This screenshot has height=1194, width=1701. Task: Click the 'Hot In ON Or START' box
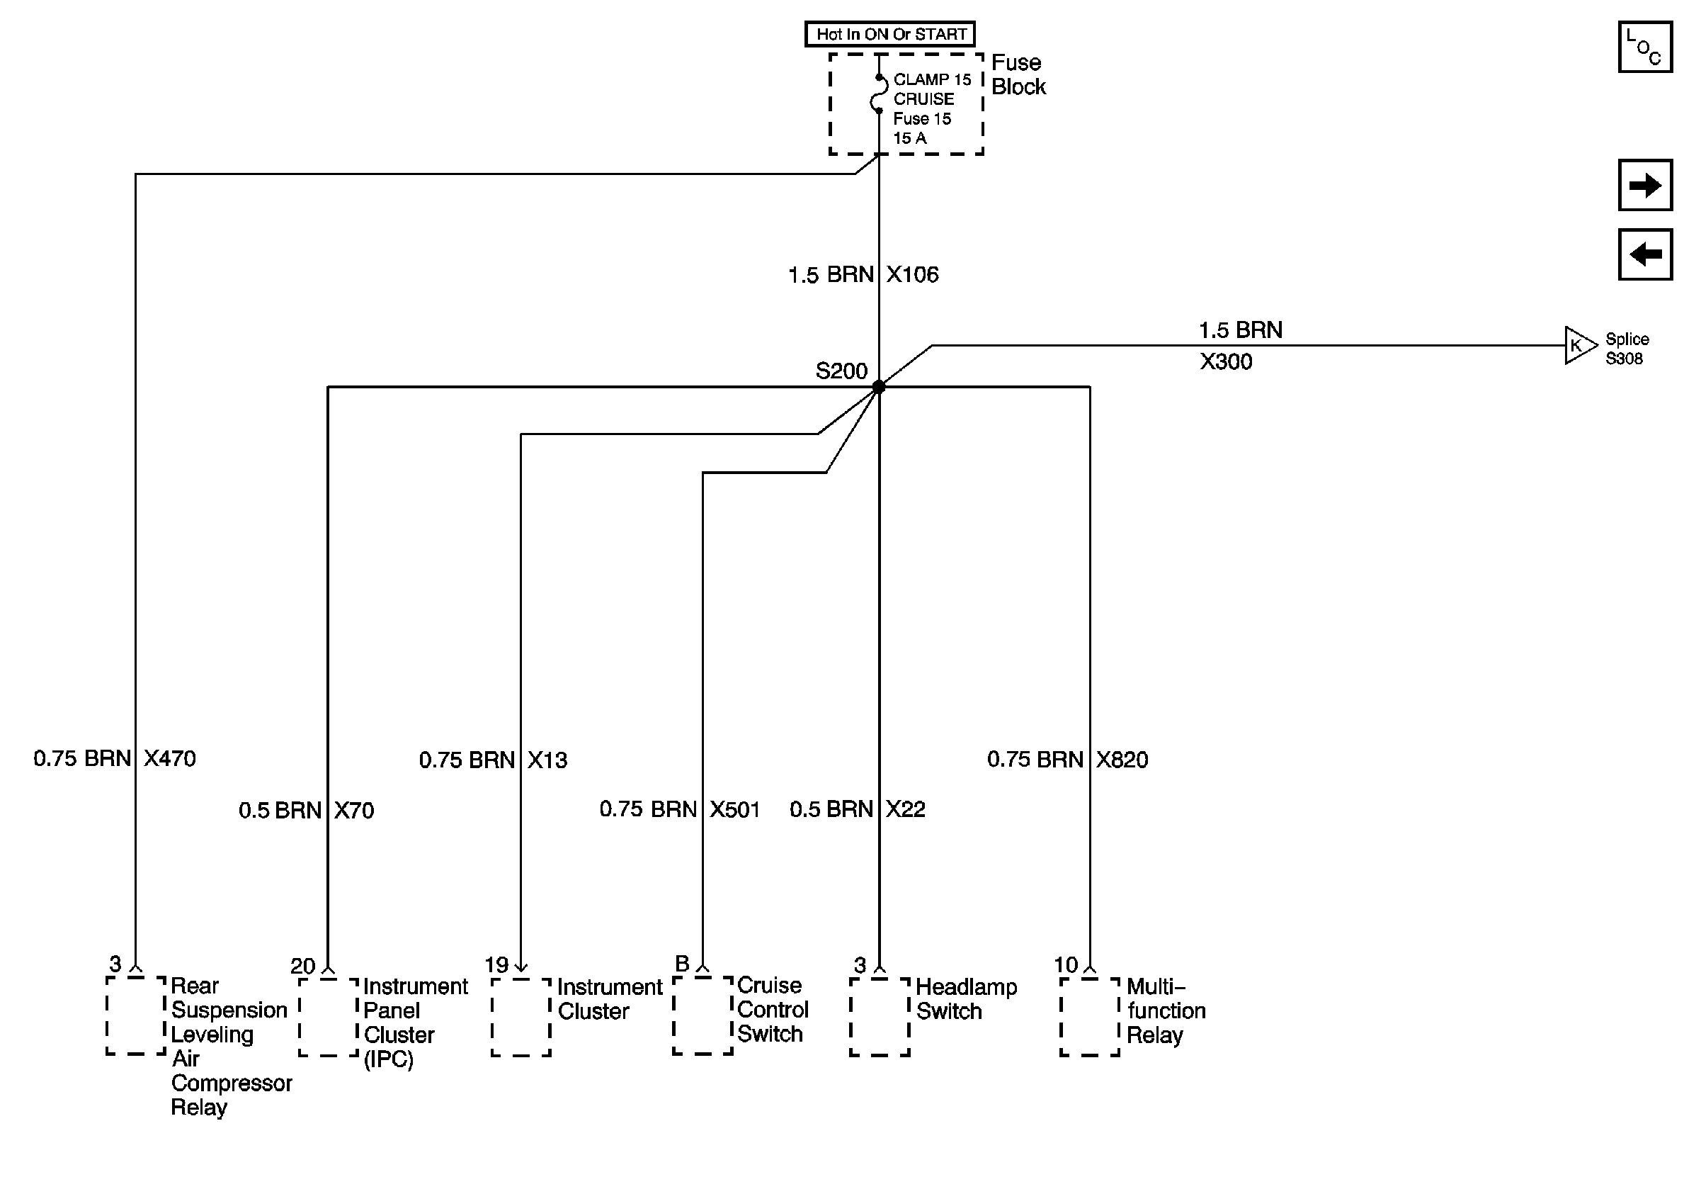pyautogui.click(x=889, y=34)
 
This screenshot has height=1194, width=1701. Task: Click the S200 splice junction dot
pyautogui.click(x=879, y=387)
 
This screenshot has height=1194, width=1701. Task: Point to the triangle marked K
pyautogui.click(x=1578, y=345)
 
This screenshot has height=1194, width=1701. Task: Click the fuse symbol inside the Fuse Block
pyautogui.click(x=879, y=94)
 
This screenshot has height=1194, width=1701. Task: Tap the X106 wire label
pyautogui.click(x=912, y=275)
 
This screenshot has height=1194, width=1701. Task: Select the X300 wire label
pyautogui.click(x=1226, y=361)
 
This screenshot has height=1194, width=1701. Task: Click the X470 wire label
pyautogui.click(x=170, y=759)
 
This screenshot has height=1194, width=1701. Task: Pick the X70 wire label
pyautogui.click(x=353, y=810)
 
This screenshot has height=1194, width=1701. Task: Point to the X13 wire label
pyautogui.click(x=547, y=760)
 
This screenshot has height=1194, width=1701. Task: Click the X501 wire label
pyautogui.click(x=735, y=809)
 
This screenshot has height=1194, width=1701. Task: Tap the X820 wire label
pyautogui.click(x=1122, y=760)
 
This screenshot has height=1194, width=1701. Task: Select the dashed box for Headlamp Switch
pyautogui.click(x=880, y=1016)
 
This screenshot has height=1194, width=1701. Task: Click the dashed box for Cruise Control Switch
pyautogui.click(x=702, y=1015)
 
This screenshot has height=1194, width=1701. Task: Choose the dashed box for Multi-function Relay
pyautogui.click(x=1089, y=1016)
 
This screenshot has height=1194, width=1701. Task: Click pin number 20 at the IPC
pyautogui.click(x=302, y=966)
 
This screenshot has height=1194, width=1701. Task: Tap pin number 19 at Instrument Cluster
pyautogui.click(x=496, y=965)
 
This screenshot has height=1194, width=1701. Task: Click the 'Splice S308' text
pyautogui.click(x=1627, y=349)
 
